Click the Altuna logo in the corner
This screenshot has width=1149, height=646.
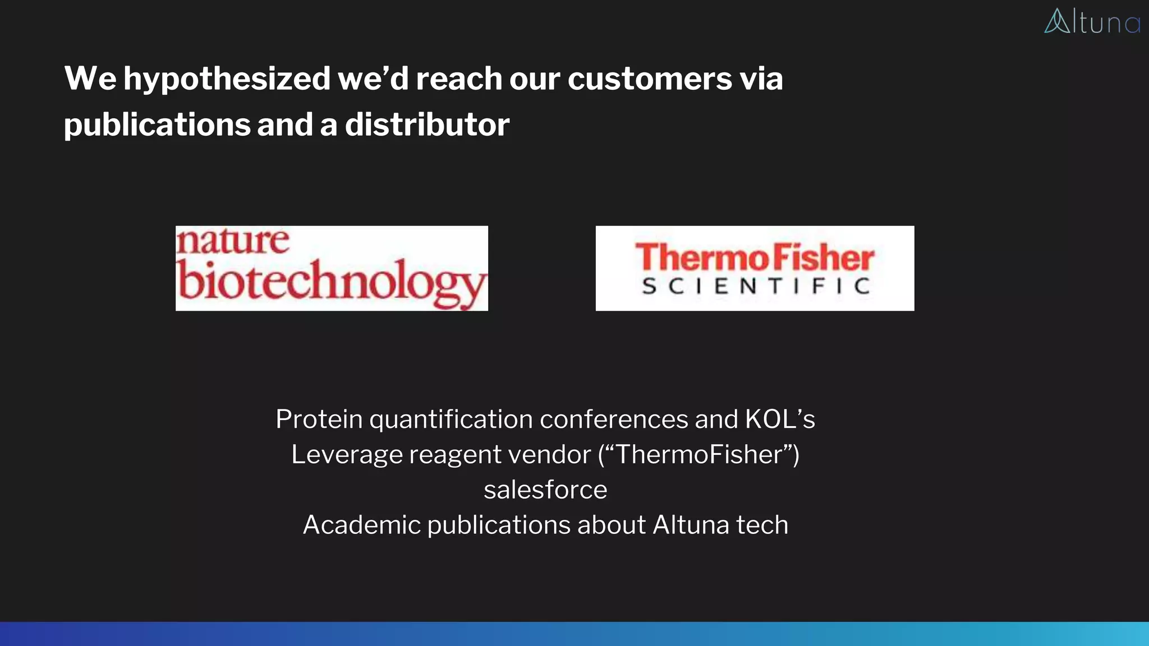(x=1092, y=21)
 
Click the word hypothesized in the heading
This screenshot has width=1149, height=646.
(x=227, y=79)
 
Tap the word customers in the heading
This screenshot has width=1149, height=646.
(x=650, y=79)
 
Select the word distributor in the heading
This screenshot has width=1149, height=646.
(x=427, y=124)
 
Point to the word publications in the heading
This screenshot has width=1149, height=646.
(x=157, y=124)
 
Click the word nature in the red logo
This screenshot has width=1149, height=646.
(x=233, y=241)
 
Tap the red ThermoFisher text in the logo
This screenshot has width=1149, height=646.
(x=755, y=258)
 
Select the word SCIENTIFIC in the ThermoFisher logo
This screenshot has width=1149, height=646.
(x=756, y=287)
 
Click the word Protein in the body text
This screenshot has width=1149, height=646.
(x=319, y=419)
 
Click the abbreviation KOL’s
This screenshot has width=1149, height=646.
(x=780, y=419)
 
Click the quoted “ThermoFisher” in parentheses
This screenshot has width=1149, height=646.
(x=699, y=454)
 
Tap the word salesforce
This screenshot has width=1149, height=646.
(x=545, y=490)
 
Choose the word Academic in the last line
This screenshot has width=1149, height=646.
(x=361, y=525)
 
